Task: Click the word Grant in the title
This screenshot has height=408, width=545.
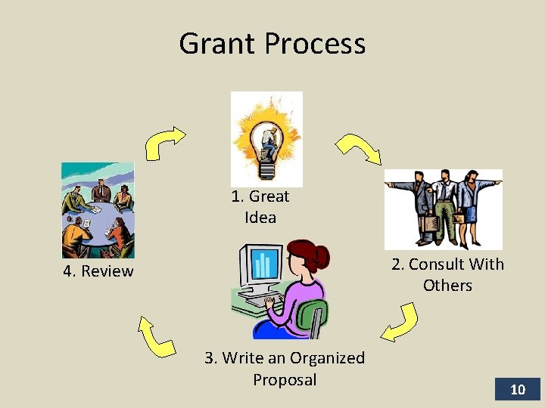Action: pyautogui.click(x=215, y=44)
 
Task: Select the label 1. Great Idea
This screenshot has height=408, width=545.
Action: pyautogui.click(x=260, y=207)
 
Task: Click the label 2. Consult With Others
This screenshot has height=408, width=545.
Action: pyautogui.click(x=447, y=274)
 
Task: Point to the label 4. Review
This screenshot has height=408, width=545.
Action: pyautogui.click(x=98, y=271)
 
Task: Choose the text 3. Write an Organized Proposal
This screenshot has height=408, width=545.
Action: pyautogui.click(x=285, y=368)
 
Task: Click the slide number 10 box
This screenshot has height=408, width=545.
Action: pyautogui.click(x=518, y=390)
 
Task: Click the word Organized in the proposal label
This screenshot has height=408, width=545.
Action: pyautogui.click(x=327, y=358)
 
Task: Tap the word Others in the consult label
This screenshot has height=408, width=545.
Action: pyautogui.click(x=447, y=286)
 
